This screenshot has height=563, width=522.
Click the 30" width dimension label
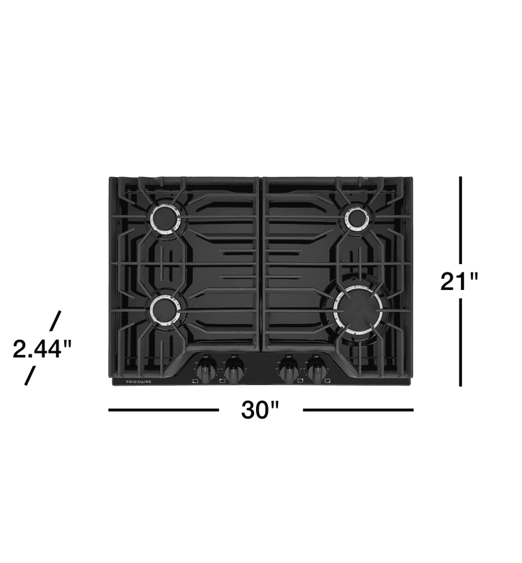[260, 410]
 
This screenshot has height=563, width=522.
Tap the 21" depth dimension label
[460, 281]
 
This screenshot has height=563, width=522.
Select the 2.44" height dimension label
[42, 348]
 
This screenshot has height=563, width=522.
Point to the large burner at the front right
[357, 309]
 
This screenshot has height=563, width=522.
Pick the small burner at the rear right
[356, 218]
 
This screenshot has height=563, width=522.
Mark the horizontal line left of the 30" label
[163, 410]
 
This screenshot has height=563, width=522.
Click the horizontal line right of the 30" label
[358, 410]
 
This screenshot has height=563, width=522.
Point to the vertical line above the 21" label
[461, 219]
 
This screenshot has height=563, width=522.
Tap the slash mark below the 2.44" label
[30, 376]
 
